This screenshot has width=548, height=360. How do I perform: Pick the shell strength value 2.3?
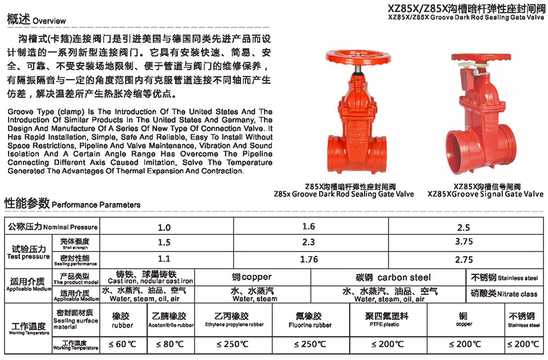click(x=309, y=242)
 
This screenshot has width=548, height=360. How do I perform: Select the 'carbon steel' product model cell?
click(x=393, y=277)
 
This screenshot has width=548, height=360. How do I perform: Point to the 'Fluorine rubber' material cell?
click(x=310, y=320)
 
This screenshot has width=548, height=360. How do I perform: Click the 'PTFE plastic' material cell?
click(x=386, y=320)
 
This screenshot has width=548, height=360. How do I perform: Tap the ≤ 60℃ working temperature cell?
click(x=122, y=344)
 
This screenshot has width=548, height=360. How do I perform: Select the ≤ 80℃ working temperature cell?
click(x=170, y=344)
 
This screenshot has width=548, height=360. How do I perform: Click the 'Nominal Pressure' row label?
click(x=52, y=227)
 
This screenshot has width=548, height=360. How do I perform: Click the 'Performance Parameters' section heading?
click(x=72, y=204)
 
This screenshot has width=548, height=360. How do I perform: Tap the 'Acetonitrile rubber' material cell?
click(x=170, y=320)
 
